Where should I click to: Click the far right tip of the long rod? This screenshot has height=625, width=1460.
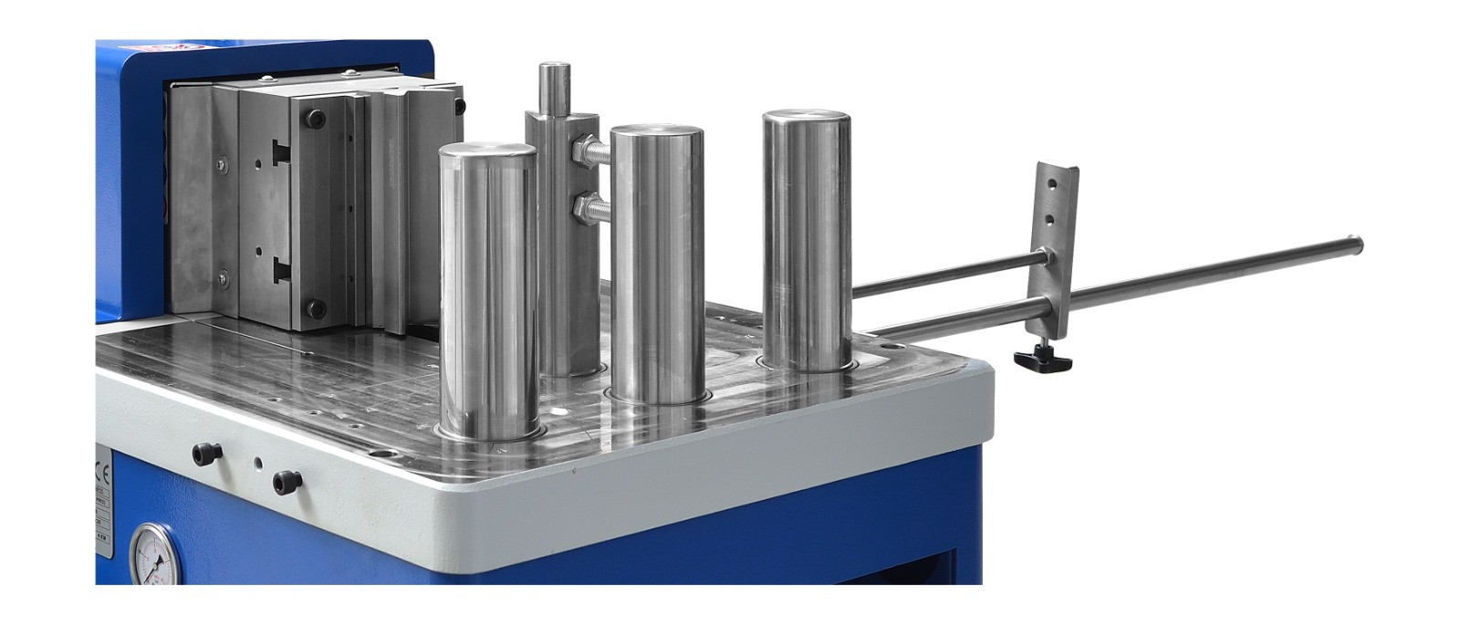tap(1359, 244)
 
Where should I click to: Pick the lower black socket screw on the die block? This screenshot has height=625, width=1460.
tap(315, 307)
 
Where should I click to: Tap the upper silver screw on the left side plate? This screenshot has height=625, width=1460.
tap(221, 164)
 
